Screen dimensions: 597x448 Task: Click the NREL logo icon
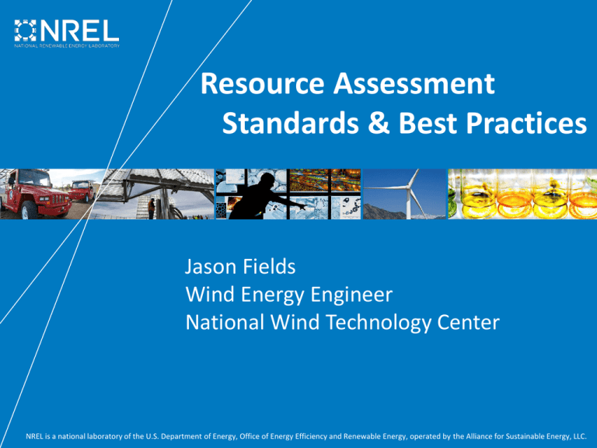click(25, 30)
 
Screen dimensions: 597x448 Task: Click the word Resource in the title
click(262, 83)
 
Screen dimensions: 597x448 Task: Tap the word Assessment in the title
click(414, 83)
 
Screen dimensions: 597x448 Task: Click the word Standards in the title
click(291, 123)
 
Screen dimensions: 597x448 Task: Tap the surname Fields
click(269, 266)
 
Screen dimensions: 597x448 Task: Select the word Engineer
click(351, 295)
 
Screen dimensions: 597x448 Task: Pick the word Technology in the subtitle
click(378, 323)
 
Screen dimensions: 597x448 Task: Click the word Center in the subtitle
click(468, 322)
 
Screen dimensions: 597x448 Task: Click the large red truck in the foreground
click(36, 194)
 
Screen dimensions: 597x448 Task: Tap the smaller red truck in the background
click(82, 191)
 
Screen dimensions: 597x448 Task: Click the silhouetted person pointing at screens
click(263, 198)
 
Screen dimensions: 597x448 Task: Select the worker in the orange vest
click(151, 208)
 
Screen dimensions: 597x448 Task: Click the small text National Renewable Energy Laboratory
click(67, 46)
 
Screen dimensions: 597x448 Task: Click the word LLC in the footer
click(579, 436)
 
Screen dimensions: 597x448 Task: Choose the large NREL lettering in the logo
click(79, 30)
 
